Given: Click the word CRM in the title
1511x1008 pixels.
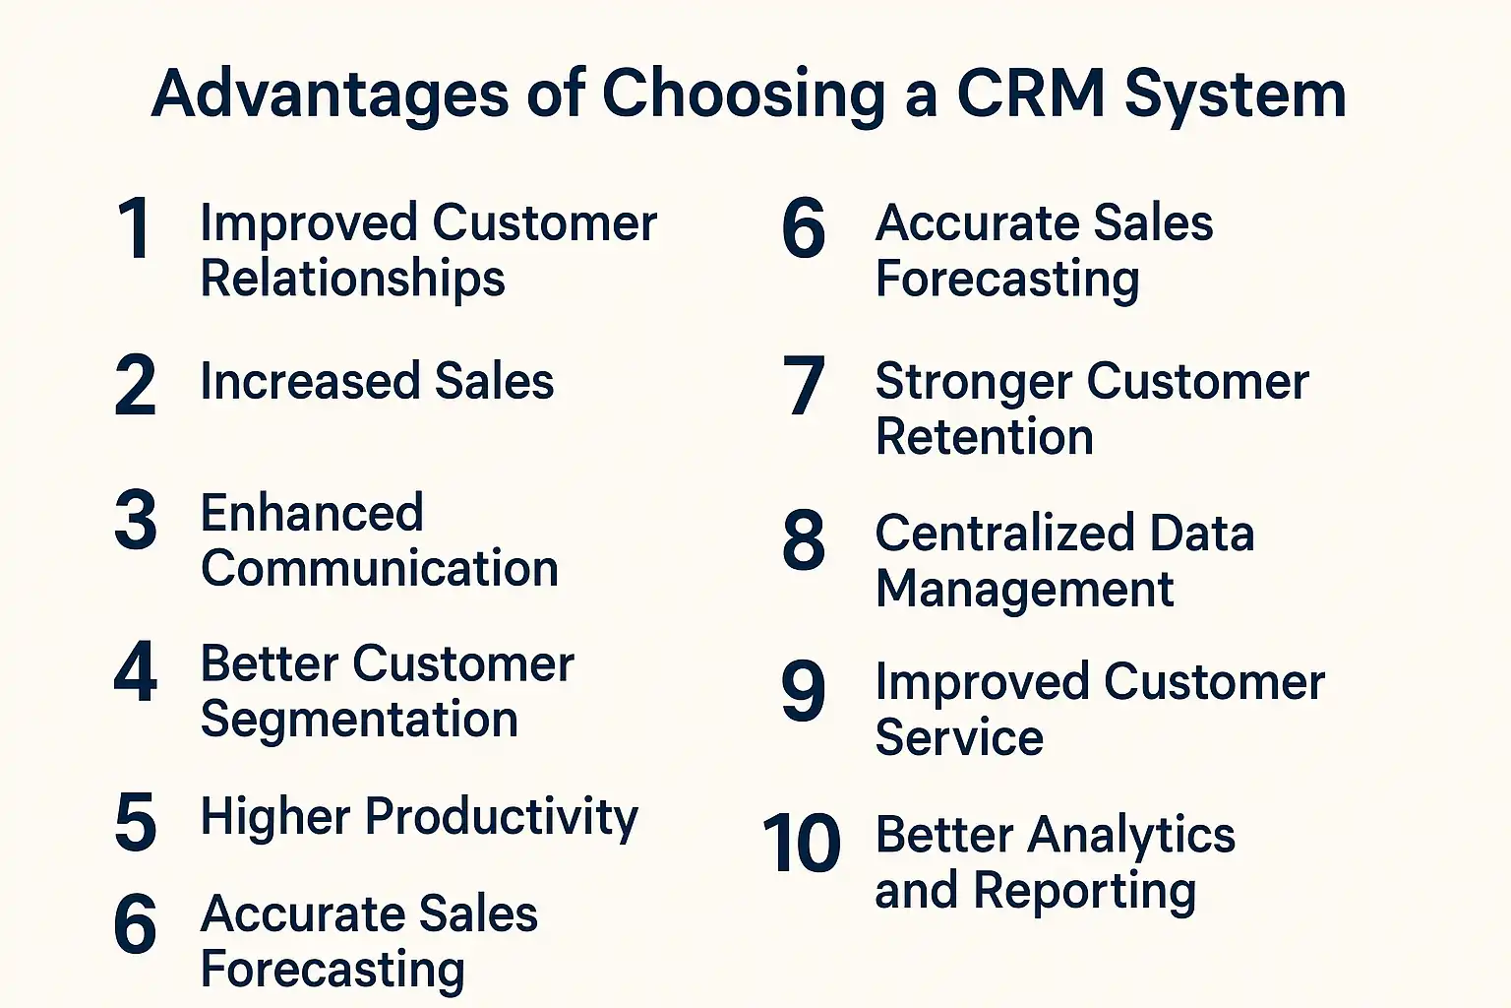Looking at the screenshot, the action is (x=1031, y=94).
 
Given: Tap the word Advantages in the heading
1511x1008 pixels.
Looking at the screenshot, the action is (x=330, y=95).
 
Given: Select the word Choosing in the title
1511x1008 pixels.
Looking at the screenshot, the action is (x=743, y=95).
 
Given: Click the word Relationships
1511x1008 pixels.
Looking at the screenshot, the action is (x=353, y=278).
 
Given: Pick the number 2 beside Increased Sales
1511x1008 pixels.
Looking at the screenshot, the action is (x=135, y=385).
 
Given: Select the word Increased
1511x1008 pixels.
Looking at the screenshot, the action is (x=310, y=381).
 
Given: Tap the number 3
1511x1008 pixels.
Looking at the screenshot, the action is (x=136, y=520).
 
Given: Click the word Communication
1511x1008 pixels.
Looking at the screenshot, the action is (x=380, y=568).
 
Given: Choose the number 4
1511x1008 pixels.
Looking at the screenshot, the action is (x=136, y=671).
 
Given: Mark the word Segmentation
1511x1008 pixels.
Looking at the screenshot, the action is (x=359, y=720).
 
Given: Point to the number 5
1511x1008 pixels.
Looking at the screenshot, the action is (x=136, y=822).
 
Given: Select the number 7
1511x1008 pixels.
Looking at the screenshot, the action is (x=804, y=385).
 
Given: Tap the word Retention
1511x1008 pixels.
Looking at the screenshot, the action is (x=984, y=436).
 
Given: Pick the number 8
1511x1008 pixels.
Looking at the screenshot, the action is (x=804, y=540).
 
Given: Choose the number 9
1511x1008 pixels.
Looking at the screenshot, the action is (x=804, y=690).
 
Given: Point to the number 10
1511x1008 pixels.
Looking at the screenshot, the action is (x=802, y=843).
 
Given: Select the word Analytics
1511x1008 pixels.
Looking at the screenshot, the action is (x=1131, y=837).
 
